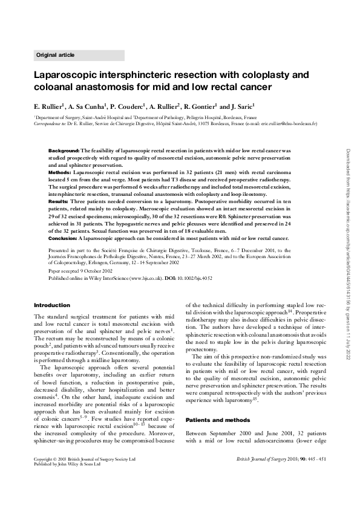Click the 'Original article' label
pyautogui.click(x=56, y=55)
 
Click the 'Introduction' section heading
pyautogui.click(x=52, y=305)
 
